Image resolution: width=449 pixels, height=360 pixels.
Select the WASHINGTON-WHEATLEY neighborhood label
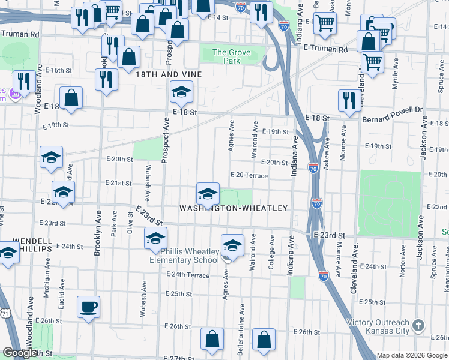pos(234,208)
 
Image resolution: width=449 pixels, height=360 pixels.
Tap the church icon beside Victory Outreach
pos(419,326)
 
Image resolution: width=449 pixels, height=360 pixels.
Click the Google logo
pos(20,353)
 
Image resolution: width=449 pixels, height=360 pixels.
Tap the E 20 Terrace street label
pos(249,175)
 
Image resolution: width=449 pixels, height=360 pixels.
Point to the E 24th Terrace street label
pos(190,275)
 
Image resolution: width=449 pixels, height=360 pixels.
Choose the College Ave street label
pos(271,252)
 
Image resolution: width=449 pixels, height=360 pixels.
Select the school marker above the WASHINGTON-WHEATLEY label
pos(208,194)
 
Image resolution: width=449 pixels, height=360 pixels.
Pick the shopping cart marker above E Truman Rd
pos(325,23)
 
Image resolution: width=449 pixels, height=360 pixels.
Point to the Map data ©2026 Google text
pos(412,355)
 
